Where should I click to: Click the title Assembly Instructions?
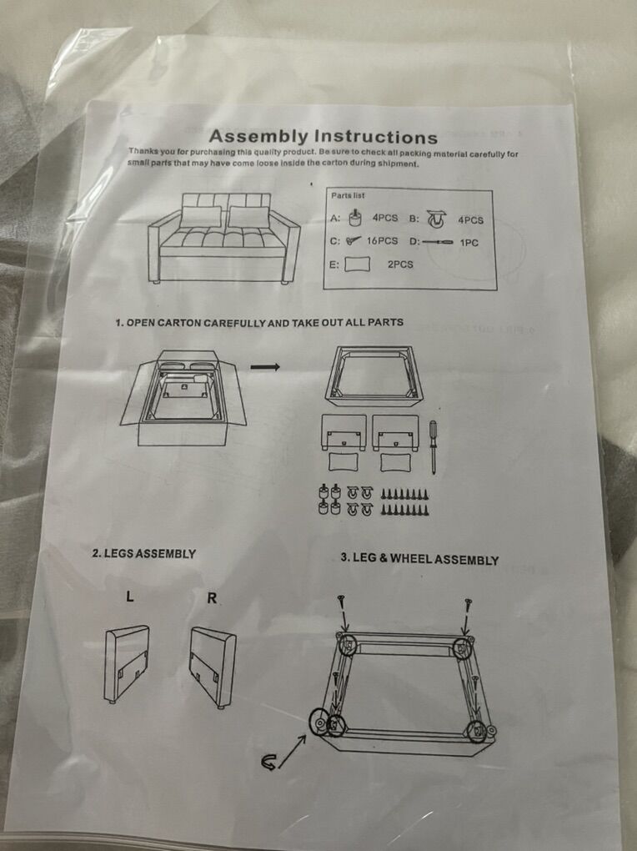(x=323, y=136)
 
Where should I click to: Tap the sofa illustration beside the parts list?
(x=224, y=239)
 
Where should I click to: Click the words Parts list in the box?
(x=348, y=195)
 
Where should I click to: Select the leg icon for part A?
(x=355, y=218)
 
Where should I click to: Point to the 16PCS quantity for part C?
(x=382, y=240)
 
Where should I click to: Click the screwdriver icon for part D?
(x=438, y=242)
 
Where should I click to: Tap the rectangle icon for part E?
(x=357, y=264)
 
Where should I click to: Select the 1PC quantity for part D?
(x=469, y=243)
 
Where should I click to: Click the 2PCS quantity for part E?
(x=400, y=264)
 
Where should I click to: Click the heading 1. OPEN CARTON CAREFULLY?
(x=259, y=322)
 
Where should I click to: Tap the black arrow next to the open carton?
(x=265, y=367)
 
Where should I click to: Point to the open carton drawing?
(x=184, y=397)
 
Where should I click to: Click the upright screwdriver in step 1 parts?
(x=433, y=446)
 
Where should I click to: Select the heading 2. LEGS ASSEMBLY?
(x=143, y=554)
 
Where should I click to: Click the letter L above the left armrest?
(x=130, y=597)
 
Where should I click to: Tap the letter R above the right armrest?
(x=212, y=598)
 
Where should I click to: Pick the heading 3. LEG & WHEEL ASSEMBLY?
(x=419, y=559)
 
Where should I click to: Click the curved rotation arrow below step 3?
(x=268, y=763)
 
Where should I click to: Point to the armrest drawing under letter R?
(x=213, y=667)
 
